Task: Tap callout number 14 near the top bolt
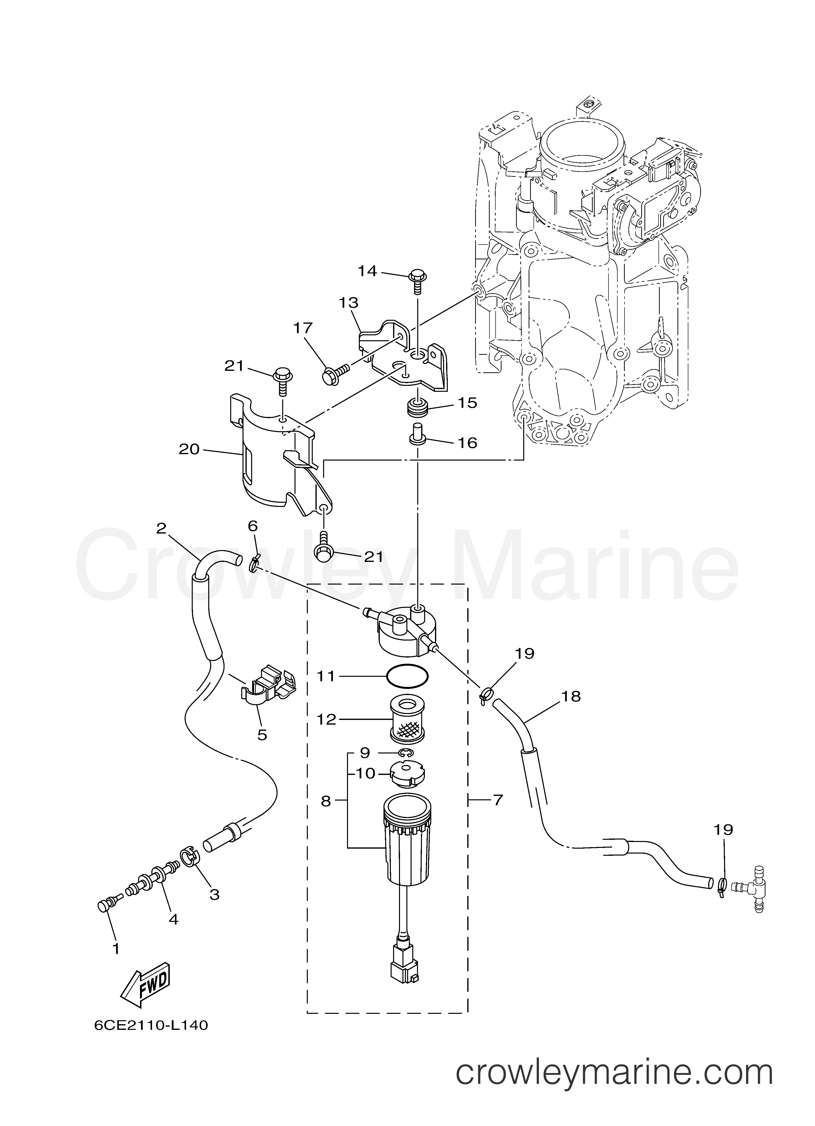tap(368, 271)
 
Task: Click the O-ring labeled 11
tap(407, 676)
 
